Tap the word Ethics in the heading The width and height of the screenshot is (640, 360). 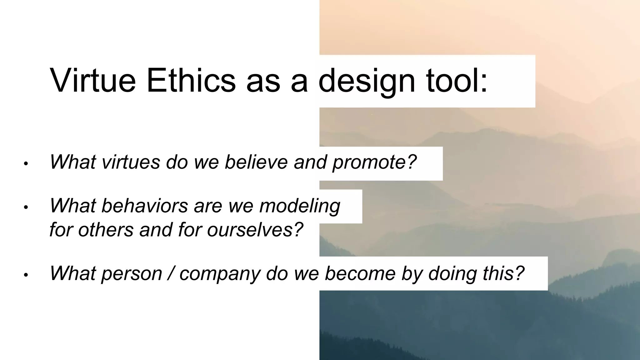[191, 81]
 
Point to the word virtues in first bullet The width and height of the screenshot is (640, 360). [131, 162]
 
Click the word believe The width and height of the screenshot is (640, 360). [256, 162]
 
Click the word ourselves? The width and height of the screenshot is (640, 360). [255, 230]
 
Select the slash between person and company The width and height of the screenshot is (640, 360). [170, 273]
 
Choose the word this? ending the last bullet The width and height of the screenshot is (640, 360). [503, 273]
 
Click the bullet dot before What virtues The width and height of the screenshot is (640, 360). [26, 164]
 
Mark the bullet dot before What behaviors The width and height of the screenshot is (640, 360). [26, 207]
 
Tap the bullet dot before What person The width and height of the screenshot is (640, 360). [26, 275]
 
